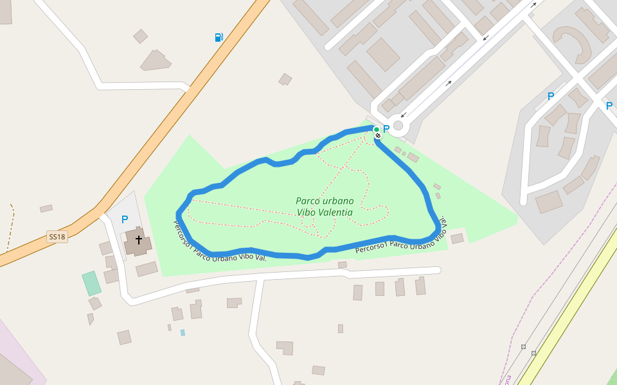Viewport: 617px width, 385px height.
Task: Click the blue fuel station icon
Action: (219, 37)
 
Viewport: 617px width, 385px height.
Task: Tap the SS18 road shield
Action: (57, 237)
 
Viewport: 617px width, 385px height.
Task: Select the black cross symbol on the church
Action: (138, 240)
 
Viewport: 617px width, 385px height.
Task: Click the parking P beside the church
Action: (125, 219)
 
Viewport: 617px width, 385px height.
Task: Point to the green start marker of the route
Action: (377, 130)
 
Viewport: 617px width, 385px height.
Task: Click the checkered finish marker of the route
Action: (379, 135)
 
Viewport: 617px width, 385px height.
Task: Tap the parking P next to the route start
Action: (386, 129)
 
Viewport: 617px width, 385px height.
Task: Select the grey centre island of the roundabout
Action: (398, 125)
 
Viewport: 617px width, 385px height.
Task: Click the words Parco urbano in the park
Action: (325, 201)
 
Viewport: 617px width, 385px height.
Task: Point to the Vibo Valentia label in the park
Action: (325, 212)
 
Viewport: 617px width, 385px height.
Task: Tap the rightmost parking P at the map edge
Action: (609, 106)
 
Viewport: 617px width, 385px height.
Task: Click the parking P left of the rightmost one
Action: (550, 96)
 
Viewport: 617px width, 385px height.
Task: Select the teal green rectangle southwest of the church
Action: (91, 283)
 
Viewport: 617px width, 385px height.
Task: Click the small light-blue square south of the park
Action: (183, 332)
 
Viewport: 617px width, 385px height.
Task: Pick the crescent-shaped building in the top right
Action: (575, 41)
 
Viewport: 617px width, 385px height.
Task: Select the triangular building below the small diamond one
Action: (156, 61)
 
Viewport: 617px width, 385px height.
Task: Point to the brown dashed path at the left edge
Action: (10, 228)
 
